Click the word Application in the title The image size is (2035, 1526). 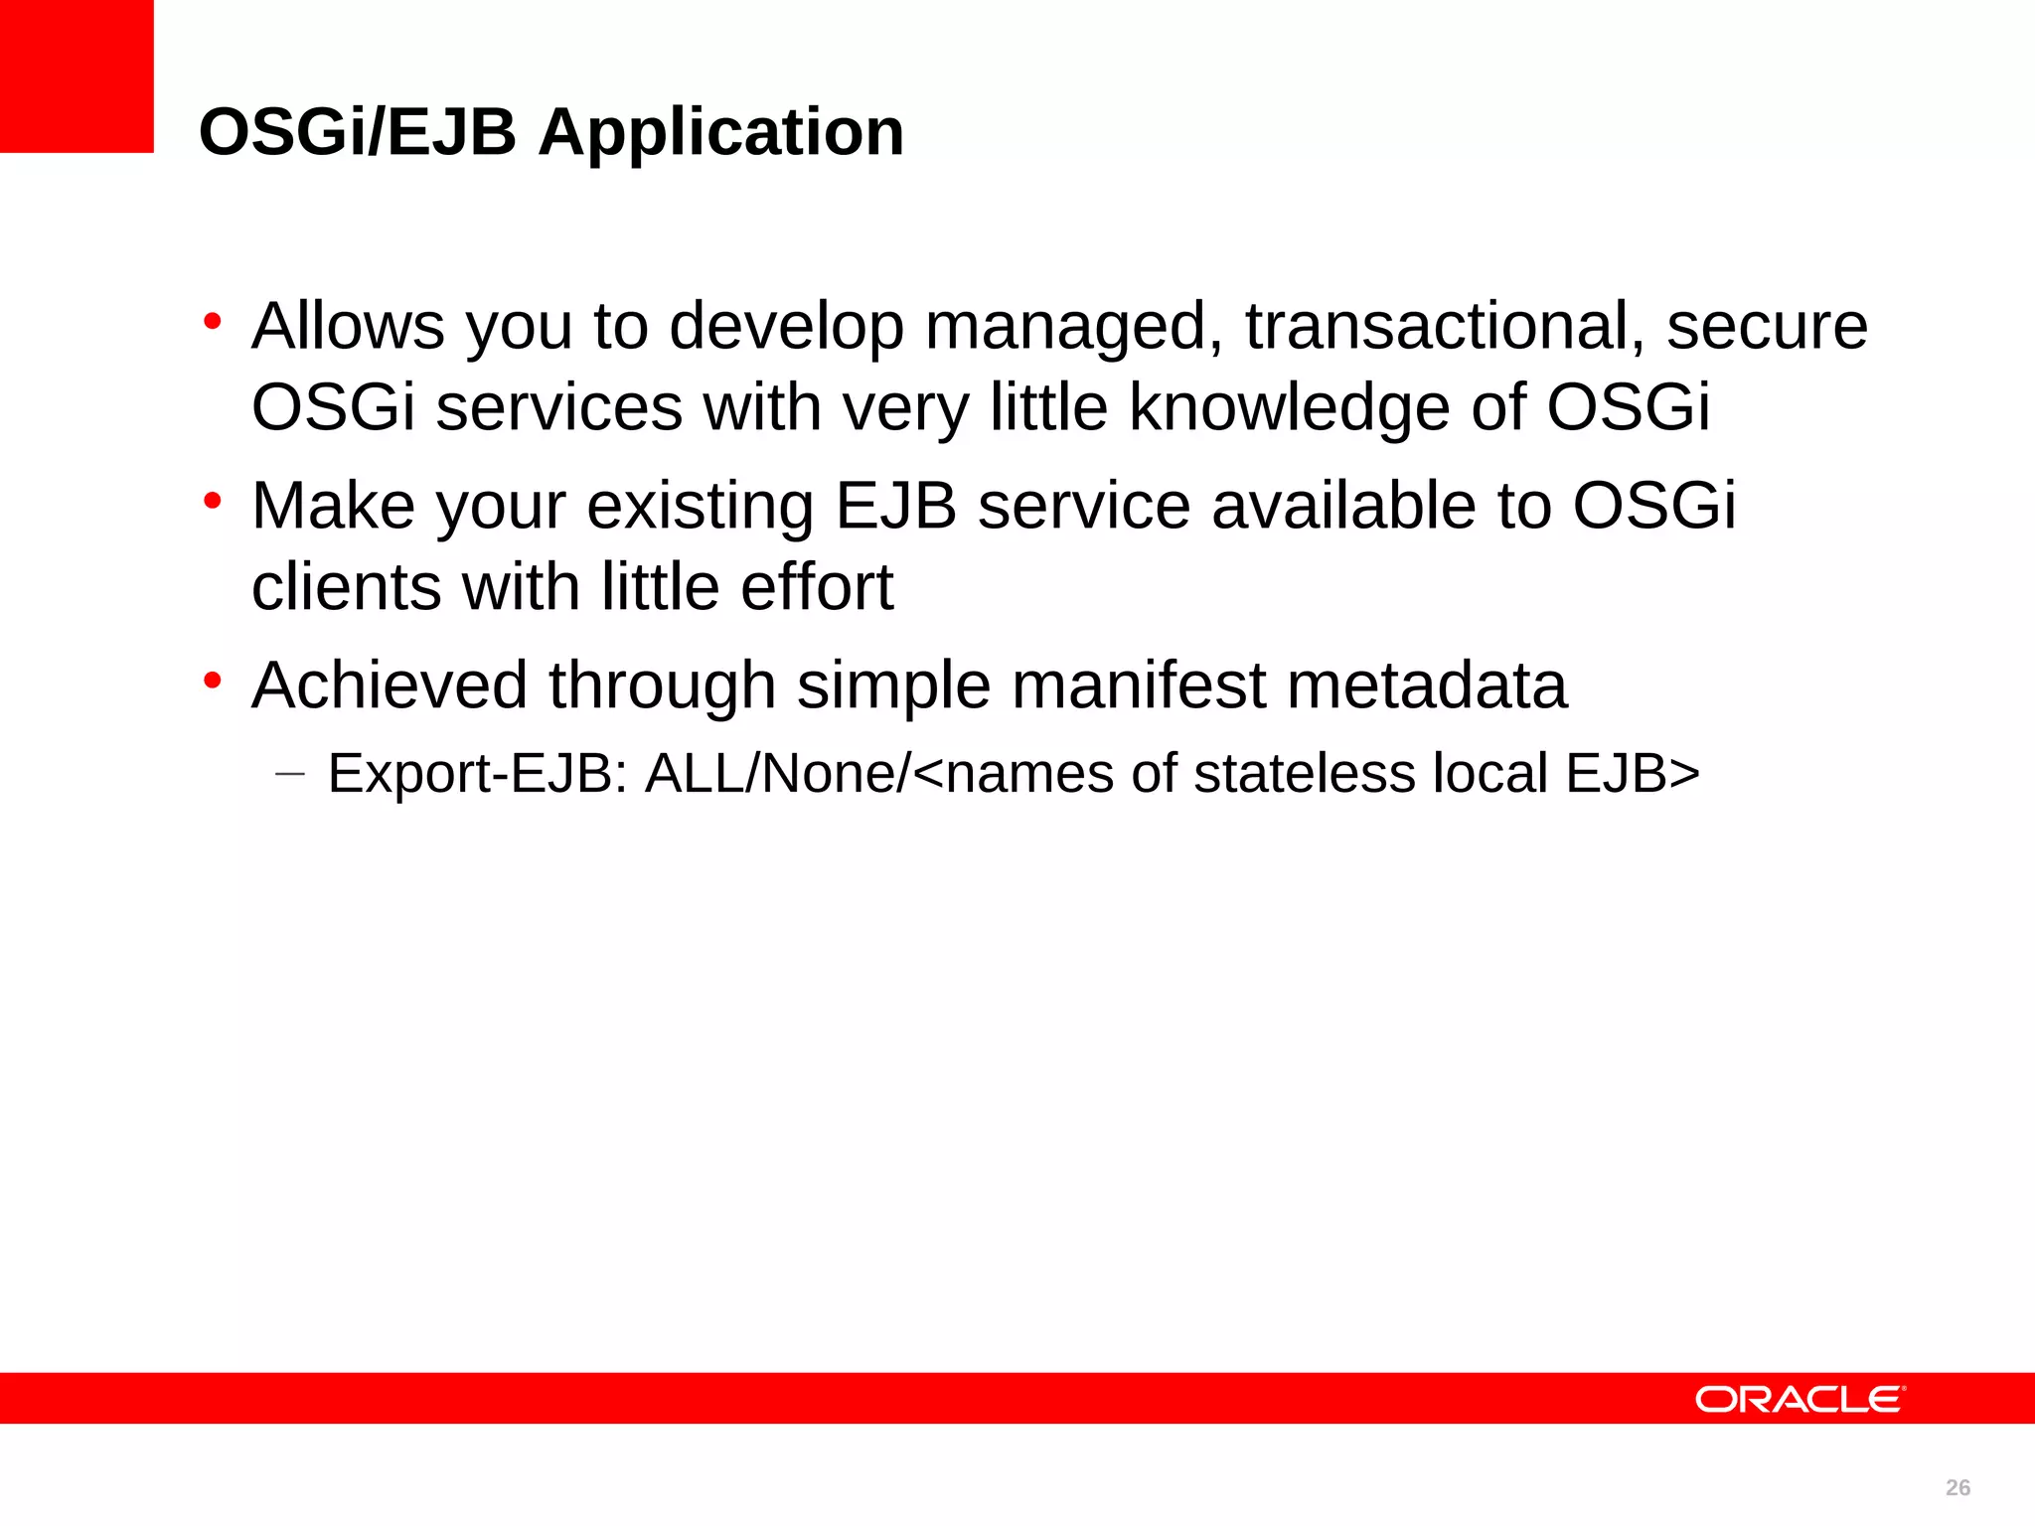tap(720, 132)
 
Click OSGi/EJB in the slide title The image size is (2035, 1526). tap(358, 132)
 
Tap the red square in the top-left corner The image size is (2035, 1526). tap(77, 76)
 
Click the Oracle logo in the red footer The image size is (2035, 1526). tap(1800, 1399)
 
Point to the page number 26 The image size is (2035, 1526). tap(1957, 1487)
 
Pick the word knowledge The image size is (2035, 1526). tap(1289, 407)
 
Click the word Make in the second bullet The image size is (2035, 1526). tap(332, 506)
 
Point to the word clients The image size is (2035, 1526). tap(346, 586)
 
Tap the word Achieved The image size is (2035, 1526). tap(390, 686)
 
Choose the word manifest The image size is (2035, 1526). tap(1139, 686)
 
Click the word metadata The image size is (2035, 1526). tap(1427, 686)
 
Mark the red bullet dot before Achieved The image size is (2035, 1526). tap(212, 682)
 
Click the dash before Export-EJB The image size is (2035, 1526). tap(289, 773)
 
